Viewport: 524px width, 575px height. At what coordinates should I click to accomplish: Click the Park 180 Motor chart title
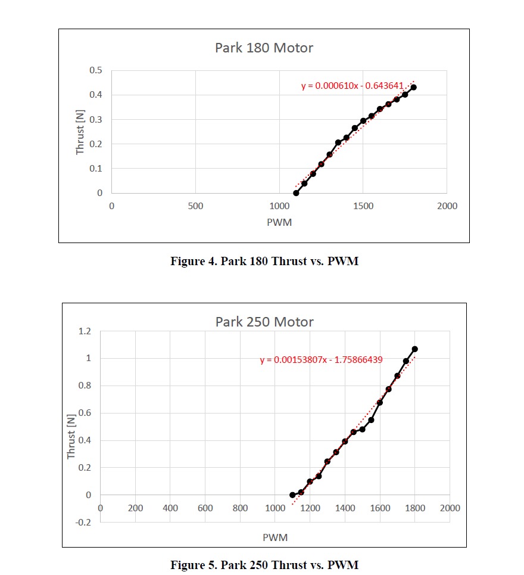[x=264, y=48]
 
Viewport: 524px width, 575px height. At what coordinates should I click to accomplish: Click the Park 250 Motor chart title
[x=264, y=322]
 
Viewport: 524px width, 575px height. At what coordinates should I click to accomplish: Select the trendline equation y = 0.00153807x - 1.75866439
[x=321, y=360]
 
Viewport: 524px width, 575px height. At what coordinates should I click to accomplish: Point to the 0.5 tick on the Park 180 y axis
[x=95, y=70]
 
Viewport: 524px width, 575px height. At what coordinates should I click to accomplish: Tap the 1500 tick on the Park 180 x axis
[x=363, y=206]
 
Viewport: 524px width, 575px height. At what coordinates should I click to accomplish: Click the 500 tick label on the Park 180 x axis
[x=195, y=206]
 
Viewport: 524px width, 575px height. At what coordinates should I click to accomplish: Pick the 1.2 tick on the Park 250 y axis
[x=84, y=331]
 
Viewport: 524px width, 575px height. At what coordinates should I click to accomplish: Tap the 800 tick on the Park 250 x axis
[x=241, y=508]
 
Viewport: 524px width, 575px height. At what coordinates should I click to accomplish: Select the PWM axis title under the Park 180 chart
[x=279, y=222]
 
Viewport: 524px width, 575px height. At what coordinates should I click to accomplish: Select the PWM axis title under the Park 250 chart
[x=275, y=537]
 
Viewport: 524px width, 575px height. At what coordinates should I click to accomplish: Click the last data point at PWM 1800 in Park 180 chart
[x=413, y=87]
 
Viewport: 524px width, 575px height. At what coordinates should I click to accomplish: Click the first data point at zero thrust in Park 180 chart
[x=296, y=193]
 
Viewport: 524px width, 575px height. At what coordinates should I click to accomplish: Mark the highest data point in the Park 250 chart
[x=414, y=349]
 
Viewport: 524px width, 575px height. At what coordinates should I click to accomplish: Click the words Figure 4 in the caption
[x=191, y=261]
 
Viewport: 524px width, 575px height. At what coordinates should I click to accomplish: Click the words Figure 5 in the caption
[x=191, y=564]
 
